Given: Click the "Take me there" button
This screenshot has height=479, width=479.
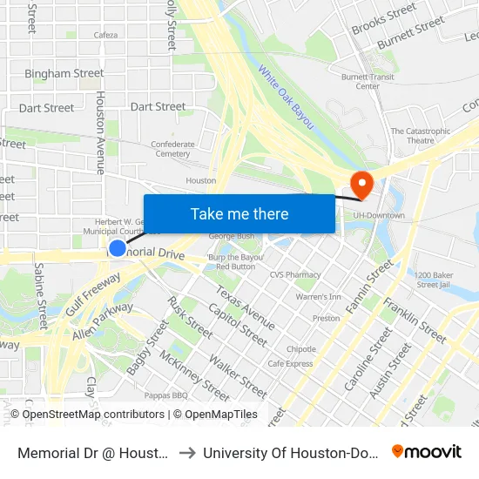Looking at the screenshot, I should coord(239,214).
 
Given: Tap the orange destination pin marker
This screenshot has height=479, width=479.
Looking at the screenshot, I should coord(359,183).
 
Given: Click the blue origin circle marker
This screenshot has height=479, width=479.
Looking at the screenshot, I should coord(118,249).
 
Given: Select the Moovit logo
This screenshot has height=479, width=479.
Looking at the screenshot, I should coord(426,451).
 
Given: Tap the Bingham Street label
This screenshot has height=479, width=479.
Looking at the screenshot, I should coord(64,73).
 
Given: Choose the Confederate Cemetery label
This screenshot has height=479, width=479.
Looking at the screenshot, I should coord(172,149).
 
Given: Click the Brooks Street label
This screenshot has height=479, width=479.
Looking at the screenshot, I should coord(384,20).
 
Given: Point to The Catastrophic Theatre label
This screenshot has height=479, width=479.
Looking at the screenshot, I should coord(421,136).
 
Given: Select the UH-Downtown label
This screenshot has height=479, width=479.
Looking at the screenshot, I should coord(381,215).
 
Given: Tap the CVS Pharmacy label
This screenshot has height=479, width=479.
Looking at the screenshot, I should coord(295,274).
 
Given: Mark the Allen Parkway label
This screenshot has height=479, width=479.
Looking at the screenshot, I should coord(103,320).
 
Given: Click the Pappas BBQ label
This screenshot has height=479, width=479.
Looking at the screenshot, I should coord(167,395).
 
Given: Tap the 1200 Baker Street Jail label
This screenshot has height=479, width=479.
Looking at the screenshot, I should coord(432,279).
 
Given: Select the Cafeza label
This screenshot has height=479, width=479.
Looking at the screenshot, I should coord(105,36).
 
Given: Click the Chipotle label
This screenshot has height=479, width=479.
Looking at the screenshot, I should coord(300,349).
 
